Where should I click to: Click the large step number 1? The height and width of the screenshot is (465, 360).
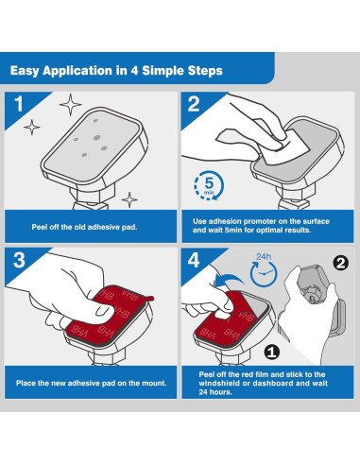(19, 104)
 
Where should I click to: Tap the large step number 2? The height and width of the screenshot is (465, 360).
(194, 104)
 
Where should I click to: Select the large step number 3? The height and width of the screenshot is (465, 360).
(19, 260)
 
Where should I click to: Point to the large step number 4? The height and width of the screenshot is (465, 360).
(194, 260)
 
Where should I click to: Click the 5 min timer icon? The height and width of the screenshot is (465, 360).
(209, 185)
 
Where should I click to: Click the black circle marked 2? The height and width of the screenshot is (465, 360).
(341, 263)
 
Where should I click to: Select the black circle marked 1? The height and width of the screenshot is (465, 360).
(272, 352)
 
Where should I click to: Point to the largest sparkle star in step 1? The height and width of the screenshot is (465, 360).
(70, 104)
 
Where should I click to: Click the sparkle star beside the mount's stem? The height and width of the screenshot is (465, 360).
(129, 199)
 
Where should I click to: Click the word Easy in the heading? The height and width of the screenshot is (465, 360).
(25, 71)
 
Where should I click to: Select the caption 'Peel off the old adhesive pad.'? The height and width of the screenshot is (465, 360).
(84, 227)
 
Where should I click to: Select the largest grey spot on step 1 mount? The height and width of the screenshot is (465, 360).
(97, 137)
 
